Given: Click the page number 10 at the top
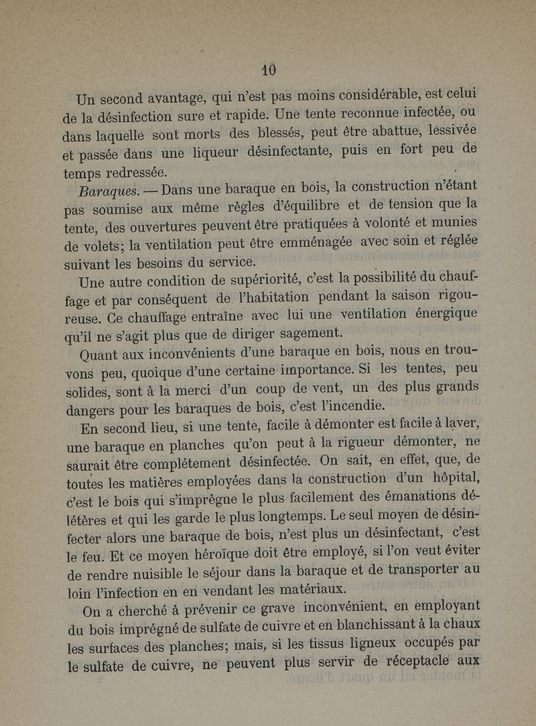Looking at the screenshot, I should coord(269,69).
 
